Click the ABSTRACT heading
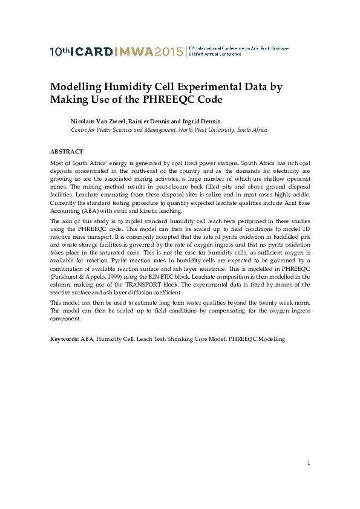67,152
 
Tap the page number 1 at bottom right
309,463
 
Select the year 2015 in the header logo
168,51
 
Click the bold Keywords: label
64,339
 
